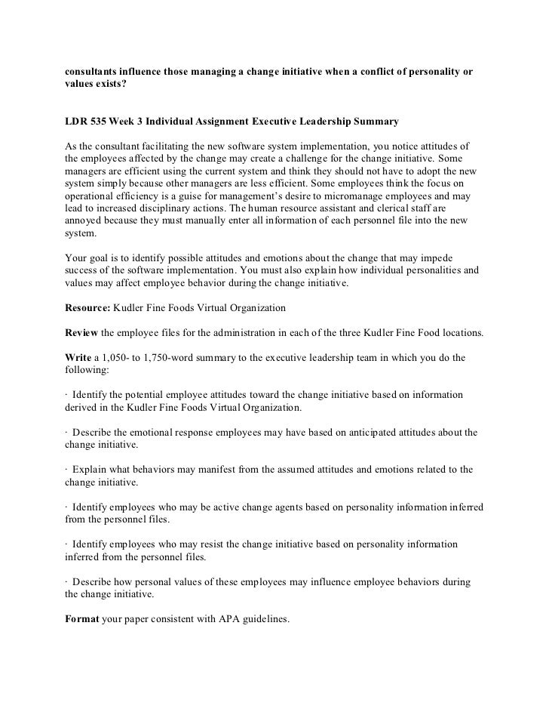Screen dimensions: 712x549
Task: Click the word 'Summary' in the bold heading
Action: click(x=375, y=122)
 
